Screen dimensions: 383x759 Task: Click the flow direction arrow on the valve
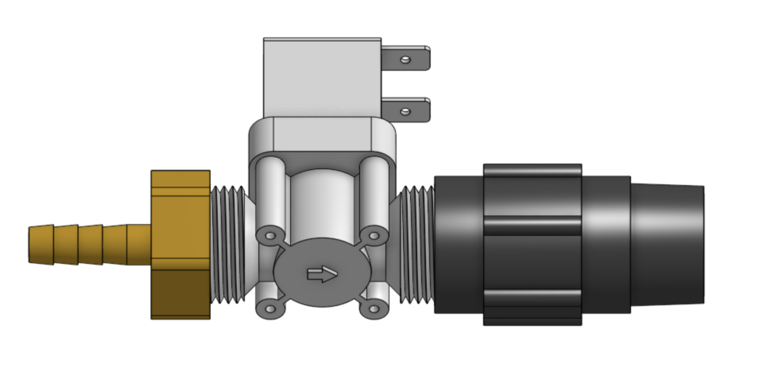pyautogui.click(x=322, y=274)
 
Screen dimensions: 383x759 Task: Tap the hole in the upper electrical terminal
pyautogui.click(x=405, y=60)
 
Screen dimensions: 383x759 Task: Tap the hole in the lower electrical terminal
pyautogui.click(x=405, y=112)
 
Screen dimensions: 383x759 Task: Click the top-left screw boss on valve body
pyautogui.click(x=270, y=236)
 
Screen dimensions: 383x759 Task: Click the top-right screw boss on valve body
pyautogui.click(x=374, y=236)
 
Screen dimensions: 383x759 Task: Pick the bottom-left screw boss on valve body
pyautogui.click(x=270, y=309)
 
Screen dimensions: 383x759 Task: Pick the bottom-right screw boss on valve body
pyautogui.click(x=374, y=309)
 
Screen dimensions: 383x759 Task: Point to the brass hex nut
pyautogui.click(x=180, y=244)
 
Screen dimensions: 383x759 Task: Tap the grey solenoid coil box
pyautogui.click(x=322, y=77)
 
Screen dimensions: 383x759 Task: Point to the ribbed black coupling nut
pyautogui.click(x=532, y=244)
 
